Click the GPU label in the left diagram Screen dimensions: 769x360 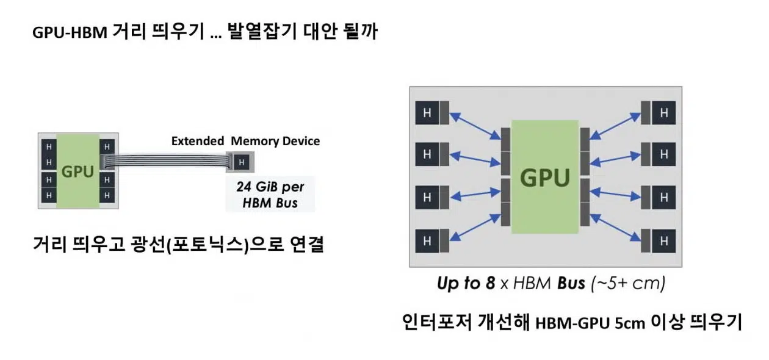[78, 171]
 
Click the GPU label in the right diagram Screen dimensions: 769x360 [545, 178]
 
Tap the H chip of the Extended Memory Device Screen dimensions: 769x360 [242, 162]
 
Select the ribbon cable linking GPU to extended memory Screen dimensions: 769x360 [167, 160]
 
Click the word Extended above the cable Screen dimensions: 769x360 [198, 141]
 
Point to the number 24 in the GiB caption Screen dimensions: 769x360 [244, 187]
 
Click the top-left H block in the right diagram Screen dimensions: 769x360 [427, 112]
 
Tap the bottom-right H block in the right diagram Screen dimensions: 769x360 [664, 241]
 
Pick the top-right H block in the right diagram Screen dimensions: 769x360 [664, 112]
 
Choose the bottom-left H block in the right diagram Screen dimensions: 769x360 [427, 241]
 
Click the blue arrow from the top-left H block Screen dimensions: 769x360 [475, 126]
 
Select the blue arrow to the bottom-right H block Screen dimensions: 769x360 [615, 228]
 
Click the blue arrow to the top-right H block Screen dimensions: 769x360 [615, 126]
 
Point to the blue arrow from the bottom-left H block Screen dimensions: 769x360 [475, 228]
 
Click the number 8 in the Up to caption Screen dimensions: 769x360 [491, 283]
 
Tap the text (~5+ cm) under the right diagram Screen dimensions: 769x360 [628, 284]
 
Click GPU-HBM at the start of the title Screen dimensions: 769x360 [70, 32]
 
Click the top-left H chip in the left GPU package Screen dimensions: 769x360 [49, 147]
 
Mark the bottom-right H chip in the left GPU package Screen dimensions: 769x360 [107, 195]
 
